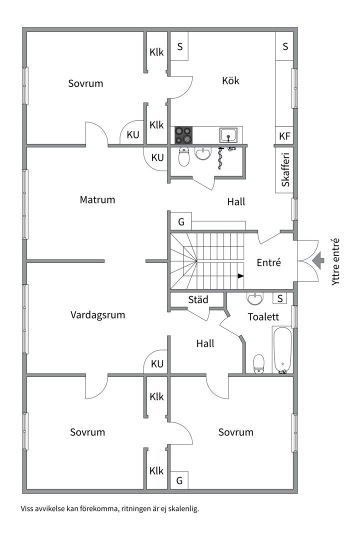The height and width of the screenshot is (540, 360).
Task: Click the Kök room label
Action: (230, 80)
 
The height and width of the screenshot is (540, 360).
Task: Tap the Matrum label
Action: (97, 199)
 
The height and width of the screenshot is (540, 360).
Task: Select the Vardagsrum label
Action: (98, 315)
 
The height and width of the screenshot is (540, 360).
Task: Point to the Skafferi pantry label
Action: (285, 170)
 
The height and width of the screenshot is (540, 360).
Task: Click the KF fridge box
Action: (284, 136)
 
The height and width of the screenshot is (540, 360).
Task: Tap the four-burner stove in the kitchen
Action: (183, 135)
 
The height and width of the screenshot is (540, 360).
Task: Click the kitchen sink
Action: (228, 135)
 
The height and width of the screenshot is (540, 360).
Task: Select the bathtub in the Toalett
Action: (282, 350)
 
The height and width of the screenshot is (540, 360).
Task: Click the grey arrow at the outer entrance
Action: (318, 260)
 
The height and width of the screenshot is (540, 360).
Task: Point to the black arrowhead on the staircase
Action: (241, 276)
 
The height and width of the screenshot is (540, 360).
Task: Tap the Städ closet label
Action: (198, 299)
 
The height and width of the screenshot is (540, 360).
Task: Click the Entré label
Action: (269, 262)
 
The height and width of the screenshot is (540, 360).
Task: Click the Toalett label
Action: (263, 317)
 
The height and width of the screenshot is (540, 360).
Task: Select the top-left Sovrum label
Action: (86, 83)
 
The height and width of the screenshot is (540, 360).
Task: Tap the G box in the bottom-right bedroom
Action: (179, 480)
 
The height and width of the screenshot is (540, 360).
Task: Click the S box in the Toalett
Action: (280, 298)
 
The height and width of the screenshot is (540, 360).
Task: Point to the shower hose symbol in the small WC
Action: (220, 158)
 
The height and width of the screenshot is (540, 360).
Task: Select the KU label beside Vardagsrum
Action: (157, 364)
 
